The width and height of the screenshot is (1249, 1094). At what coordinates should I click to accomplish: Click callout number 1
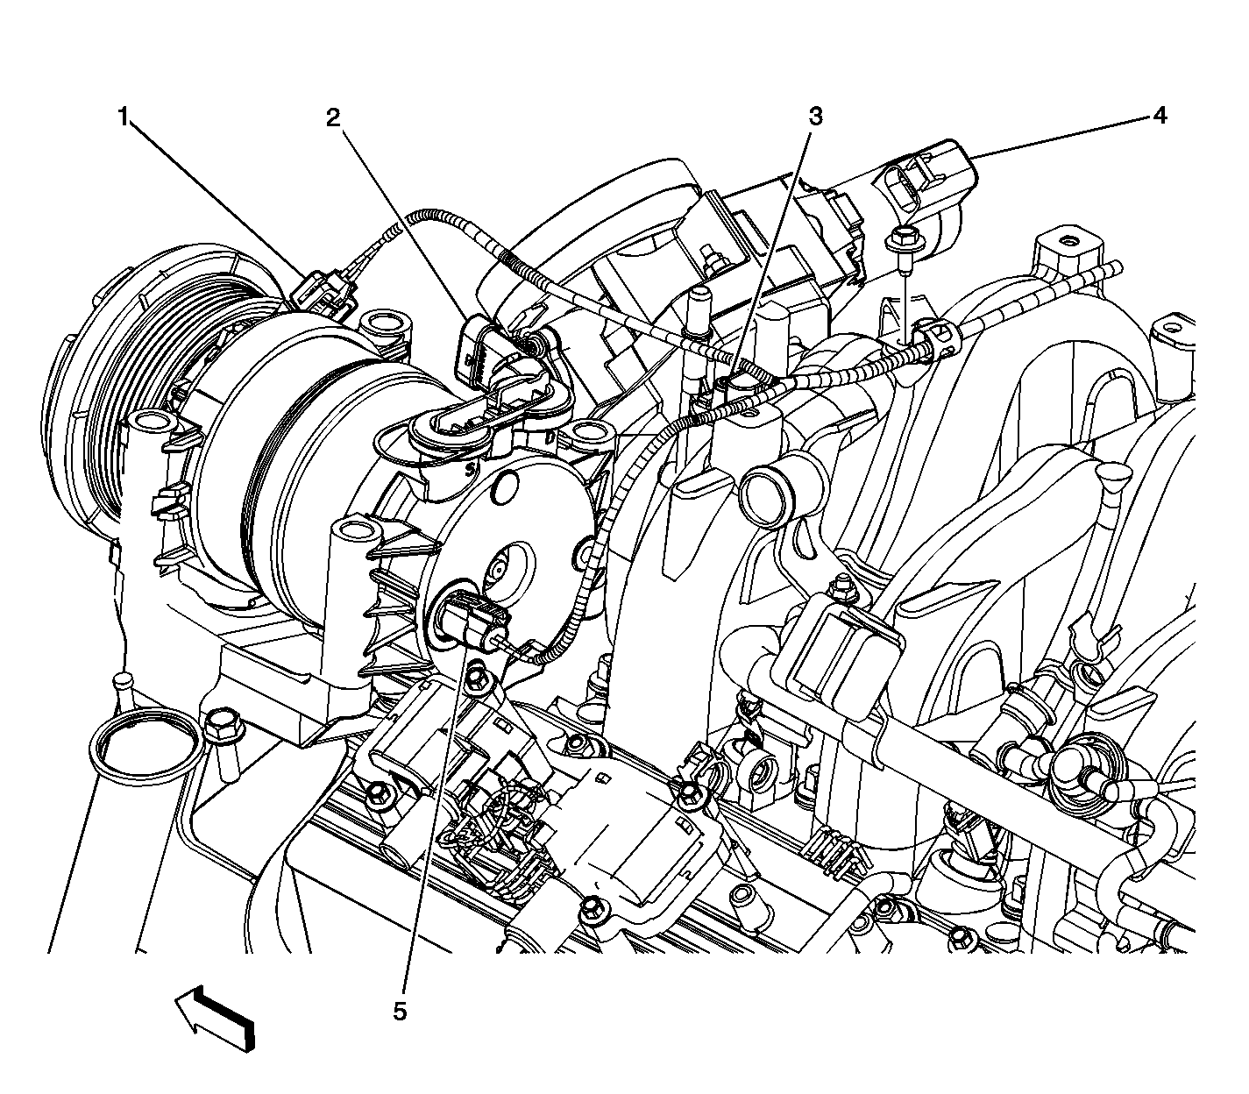tap(124, 116)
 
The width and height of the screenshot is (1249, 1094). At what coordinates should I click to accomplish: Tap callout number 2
tap(333, 117)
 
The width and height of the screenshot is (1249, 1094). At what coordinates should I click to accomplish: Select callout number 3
tap(815, 116)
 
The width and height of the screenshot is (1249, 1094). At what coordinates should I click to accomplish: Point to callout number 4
tap(1160, 115)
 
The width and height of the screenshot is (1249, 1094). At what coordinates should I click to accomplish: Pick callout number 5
tap(399, 1012)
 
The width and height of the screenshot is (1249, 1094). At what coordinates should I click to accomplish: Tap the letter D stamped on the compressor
tap(551, 437)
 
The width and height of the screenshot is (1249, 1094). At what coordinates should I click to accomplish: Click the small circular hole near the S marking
tap(504, 490)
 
